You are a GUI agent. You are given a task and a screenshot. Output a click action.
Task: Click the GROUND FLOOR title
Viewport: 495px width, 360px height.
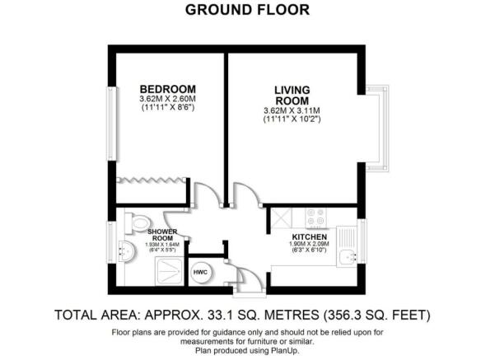click(247, 10)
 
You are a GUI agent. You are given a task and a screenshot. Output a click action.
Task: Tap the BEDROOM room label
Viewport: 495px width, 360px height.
click(168, 89)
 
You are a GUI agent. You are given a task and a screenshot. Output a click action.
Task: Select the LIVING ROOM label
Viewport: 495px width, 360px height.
click(292, 96)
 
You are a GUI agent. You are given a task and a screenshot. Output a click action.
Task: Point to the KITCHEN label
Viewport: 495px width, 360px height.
click(310, 237)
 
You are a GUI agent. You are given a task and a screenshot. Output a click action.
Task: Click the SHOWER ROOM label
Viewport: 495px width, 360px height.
click(162, 235)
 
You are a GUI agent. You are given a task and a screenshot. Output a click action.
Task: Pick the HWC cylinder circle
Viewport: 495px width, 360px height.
click(200, 272)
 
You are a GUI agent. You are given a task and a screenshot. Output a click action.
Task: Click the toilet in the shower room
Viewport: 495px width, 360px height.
click(137, 223)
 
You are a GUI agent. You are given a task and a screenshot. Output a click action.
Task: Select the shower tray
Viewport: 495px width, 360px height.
click(170, 271)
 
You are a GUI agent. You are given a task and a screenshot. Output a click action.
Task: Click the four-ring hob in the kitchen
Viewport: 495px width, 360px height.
click(316, 217)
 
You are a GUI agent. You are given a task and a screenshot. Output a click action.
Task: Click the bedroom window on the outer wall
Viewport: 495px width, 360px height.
click(112, 124)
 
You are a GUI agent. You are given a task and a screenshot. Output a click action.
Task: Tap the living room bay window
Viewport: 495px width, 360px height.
click(377, 129)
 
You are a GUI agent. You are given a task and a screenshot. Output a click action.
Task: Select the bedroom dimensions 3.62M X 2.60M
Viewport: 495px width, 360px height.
click(168, 99)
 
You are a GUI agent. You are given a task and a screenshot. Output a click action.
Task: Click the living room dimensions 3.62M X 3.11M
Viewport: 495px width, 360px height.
click(292, 111)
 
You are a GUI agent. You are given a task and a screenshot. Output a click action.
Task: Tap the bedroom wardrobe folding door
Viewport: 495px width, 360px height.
click(151, 180)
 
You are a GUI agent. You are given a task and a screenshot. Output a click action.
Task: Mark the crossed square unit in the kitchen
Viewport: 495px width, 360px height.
click(282, 217)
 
